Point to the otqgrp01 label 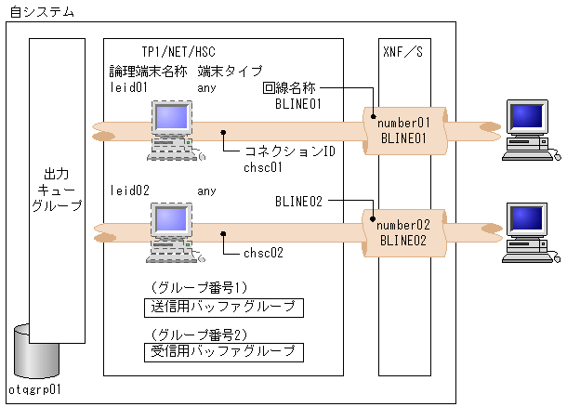point(34,389)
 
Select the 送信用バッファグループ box point(224,308)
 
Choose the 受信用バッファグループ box point(224,351)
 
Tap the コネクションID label point(289,151)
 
